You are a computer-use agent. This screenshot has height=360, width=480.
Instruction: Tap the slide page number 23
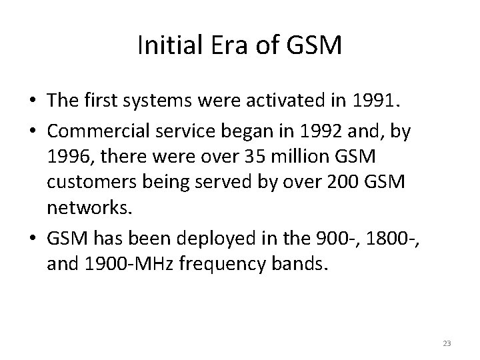pyautogui.click(x=446, y=343)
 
